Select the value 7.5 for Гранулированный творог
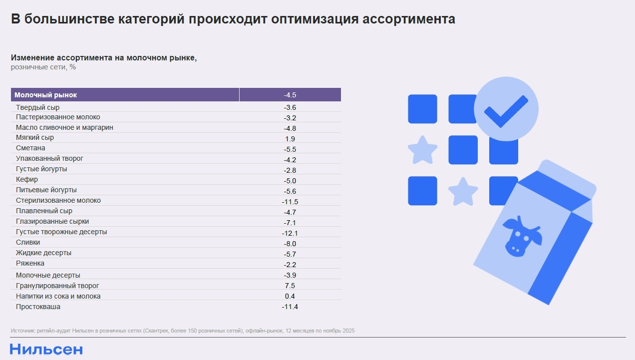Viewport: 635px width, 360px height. [x=290, y=286]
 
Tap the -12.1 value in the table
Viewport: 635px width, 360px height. [x=290, y=233]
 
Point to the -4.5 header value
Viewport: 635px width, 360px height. [x=290, y=95]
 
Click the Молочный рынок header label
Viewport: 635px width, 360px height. [x=46, y=95]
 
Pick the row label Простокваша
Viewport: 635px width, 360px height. [x=38, y=307]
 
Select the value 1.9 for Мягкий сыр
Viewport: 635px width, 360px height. [x=290, y=139]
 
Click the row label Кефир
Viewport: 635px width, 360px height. [x=27, y=179]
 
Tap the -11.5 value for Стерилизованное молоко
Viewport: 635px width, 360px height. [x=290, y=202]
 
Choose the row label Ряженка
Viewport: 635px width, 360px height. [x=30, y=263]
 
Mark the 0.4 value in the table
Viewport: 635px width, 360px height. [x=290, y=297]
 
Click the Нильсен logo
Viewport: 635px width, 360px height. [x=46, y=349]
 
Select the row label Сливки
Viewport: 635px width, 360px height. [x=28, y=242]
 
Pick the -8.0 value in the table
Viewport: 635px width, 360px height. [x=290, y=244]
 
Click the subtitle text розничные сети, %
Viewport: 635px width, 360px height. [x=43, y=67]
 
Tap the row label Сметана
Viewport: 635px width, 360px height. [x=30, y=148]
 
